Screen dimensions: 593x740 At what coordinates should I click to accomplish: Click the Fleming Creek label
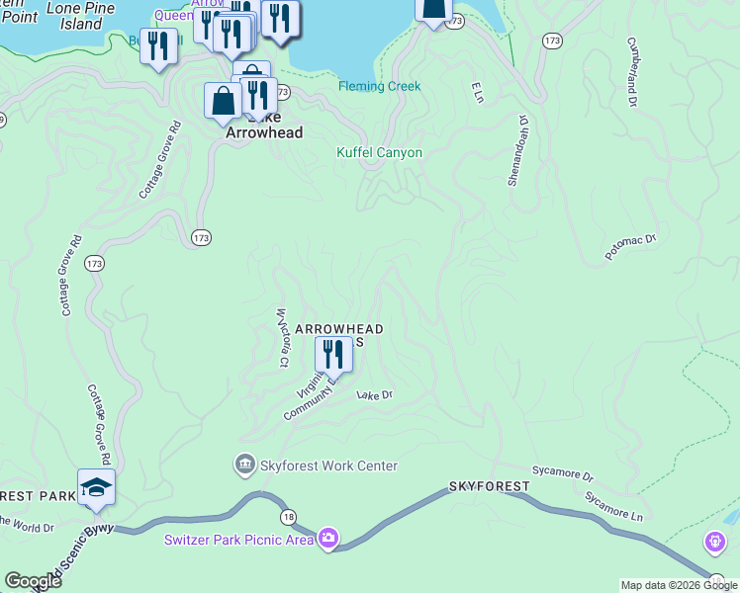[379, 87]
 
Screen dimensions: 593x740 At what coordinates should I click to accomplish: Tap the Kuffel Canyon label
[379, 153]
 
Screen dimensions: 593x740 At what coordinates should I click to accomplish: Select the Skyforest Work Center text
[328, 466]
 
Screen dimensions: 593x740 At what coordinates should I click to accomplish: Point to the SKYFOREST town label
[489, 487]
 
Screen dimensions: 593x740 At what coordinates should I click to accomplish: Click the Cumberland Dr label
[630, 73]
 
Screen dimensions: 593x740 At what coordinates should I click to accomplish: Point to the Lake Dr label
[375, 395]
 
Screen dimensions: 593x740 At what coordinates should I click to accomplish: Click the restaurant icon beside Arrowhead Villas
[333, 354]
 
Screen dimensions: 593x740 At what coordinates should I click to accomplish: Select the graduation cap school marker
[96, 486]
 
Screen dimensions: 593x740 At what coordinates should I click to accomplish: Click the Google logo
[33, 581]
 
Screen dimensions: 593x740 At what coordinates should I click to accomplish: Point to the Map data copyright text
[679, 585]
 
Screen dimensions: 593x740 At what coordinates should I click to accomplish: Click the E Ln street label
[477, 94]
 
